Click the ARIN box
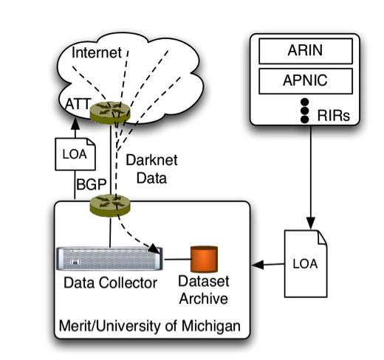[x=306, y=51]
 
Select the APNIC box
[x=306, y=81]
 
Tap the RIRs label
[x=334, y=115]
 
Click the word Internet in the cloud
[x=97, y=52]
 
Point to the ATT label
[x=78, y=104]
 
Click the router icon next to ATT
[x=110, y=112]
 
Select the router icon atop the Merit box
[x=110, y=205]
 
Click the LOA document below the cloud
[x=75, y=154]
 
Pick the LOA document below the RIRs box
[x=306, y=263]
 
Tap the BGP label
[x=92, y=184]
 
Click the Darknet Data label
[x=151, y=169]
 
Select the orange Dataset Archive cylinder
[x=204, y=259]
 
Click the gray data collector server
[x=109, y=259]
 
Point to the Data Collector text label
[x=110, y=283]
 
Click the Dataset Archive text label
[x=204, y=290]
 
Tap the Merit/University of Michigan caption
[x=150, y=326]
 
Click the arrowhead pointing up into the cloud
[x=75, y=124]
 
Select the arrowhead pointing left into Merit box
[x=258, y=265]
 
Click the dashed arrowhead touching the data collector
[x=154, y=249]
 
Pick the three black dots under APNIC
[x=305, y=111]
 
